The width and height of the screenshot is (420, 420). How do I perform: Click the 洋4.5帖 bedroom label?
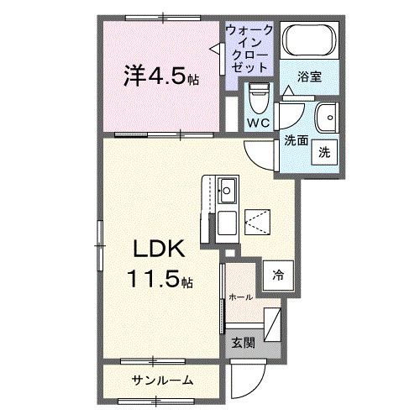coord(163,78)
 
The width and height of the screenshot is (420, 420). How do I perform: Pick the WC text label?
coord(259,123)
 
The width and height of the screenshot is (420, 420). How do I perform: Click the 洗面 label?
coord(295,140)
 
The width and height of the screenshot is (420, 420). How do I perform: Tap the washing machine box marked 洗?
coord(323,153)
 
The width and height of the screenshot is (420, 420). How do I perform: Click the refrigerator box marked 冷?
coord(277,274)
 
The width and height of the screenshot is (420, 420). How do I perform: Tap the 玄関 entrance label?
coord(242,342)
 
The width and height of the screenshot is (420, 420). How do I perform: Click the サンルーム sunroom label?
coord(163,381)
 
